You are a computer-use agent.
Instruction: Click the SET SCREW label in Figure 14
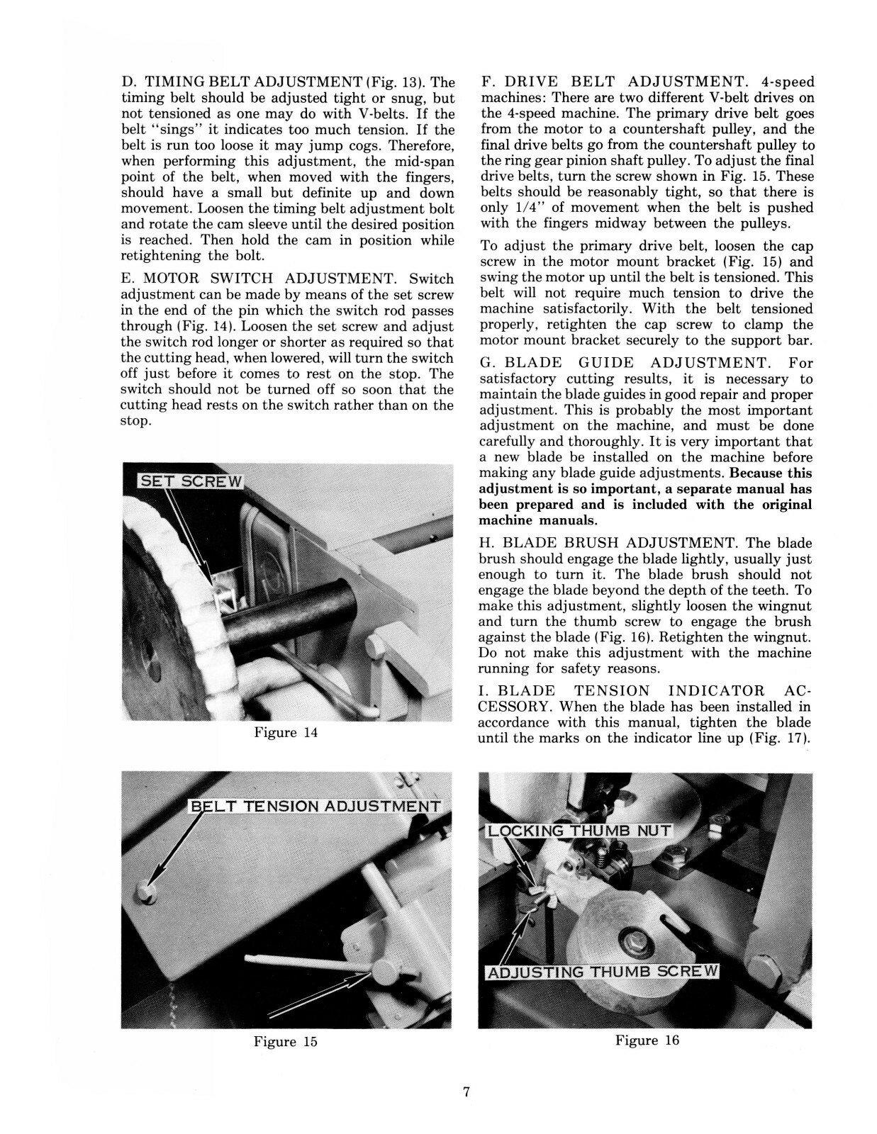[190, 481]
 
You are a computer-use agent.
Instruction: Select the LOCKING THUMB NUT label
[578, 830]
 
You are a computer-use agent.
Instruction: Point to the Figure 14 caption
[286, 733]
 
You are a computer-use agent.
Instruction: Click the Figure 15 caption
[286, 1042]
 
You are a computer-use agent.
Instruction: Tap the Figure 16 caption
[647, 1040]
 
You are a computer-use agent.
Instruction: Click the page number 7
[467, 1092]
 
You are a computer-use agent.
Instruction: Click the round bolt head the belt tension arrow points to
[147, 892]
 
